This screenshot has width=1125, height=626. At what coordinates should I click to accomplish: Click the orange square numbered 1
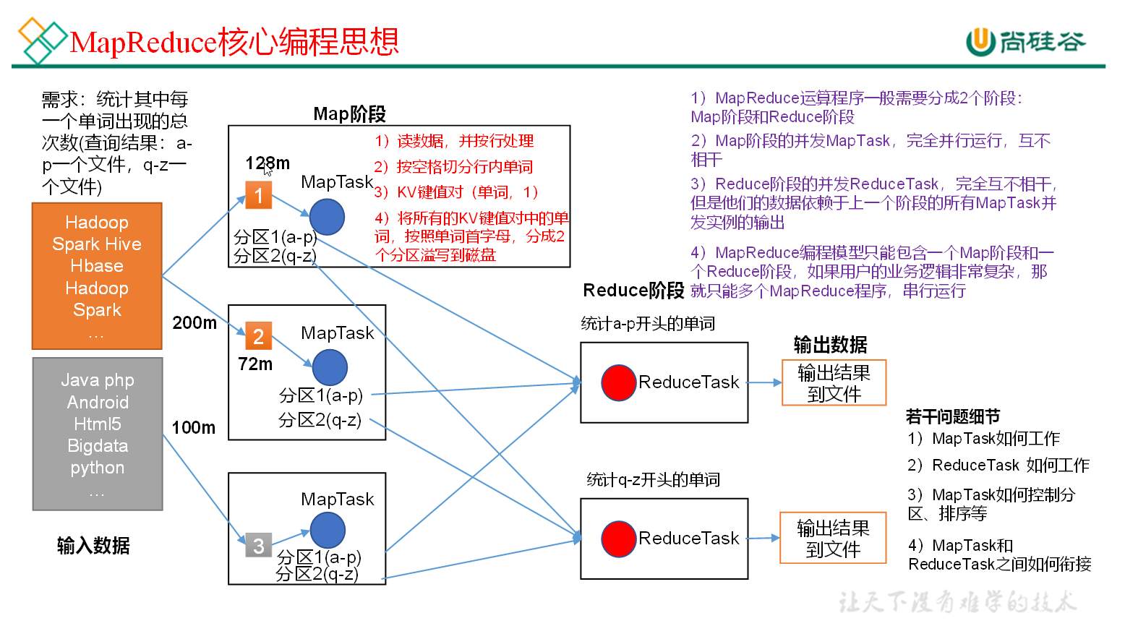(258, 195)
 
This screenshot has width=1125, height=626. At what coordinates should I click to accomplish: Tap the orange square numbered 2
(258, 336)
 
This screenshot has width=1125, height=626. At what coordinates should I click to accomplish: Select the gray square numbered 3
(258, 546)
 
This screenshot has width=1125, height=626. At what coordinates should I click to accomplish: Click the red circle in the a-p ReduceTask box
(619, 382)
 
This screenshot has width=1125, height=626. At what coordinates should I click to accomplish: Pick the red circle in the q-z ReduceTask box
(619, 539)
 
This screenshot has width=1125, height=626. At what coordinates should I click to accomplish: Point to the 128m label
(268, 163)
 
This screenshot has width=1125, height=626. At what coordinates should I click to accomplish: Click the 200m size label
(194, 323)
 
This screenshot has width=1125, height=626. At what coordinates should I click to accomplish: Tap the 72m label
(255, 364)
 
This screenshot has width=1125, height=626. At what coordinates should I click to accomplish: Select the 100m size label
(194, 428)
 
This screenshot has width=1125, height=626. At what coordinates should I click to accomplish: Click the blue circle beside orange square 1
(327, 217)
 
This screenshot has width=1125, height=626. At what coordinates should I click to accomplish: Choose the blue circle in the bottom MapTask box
(328, 530)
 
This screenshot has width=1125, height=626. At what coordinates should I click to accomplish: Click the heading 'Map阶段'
(350, 114)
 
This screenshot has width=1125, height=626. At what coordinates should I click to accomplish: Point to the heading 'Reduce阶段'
(633, 291)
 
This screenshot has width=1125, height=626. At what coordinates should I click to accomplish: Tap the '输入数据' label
(93, 546)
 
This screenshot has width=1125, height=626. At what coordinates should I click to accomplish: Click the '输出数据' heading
(830, 345)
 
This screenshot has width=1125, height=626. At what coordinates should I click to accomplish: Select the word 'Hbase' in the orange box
(97, 266)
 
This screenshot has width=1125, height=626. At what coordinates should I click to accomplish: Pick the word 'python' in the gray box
(98, 468)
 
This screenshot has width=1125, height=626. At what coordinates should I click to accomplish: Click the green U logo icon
(980, 41)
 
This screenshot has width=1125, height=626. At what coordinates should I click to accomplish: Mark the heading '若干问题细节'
(953, 416)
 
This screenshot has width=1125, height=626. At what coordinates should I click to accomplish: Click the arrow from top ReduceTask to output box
(765, 382)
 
